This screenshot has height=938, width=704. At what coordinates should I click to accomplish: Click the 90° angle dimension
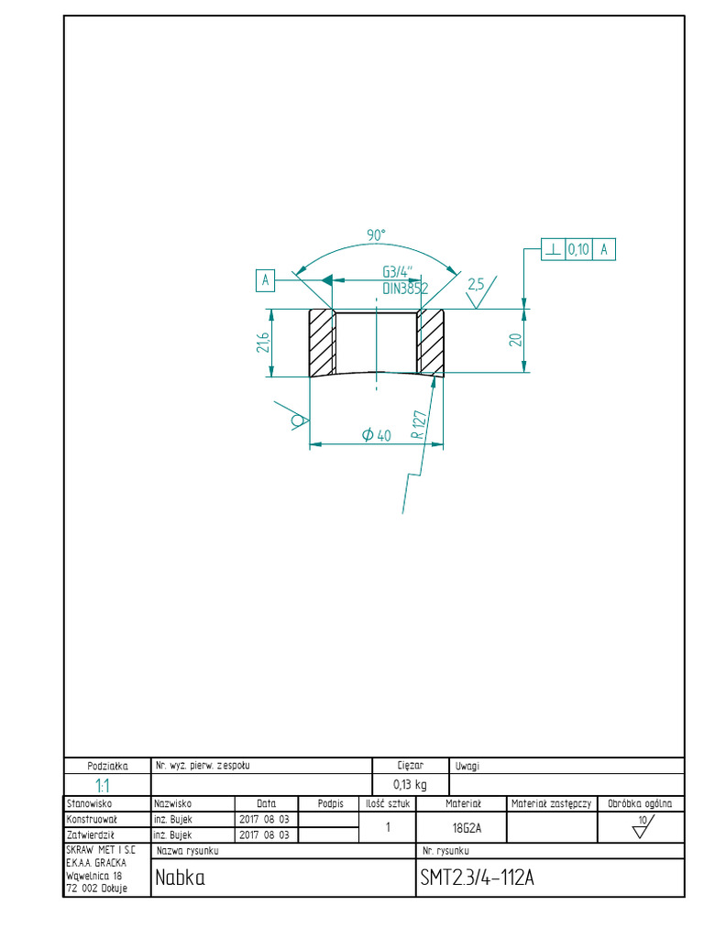tap(376, 236)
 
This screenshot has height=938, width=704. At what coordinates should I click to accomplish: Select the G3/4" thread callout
tap(398, 272)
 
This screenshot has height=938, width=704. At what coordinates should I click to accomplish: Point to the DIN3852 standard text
tap(405, 288)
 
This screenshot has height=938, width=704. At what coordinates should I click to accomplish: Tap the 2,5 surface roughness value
tap(476, 284)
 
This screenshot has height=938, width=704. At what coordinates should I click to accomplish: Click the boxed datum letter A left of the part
tap(265, 280)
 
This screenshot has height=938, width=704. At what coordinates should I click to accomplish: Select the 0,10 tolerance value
tap(578, 248)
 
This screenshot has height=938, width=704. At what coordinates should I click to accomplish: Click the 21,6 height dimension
tap(263, 343)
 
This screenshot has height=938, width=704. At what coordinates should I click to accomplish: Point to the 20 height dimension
tap(515, 340)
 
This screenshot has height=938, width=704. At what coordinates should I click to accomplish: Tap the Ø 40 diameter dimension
tap(377, 436)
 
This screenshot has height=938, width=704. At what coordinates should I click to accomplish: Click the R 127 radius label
tap(420, 426)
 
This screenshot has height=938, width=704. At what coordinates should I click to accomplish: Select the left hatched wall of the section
tap(321, 343)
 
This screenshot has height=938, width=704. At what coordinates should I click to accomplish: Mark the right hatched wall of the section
tap(430, 343)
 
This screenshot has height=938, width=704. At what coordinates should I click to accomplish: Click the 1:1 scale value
tap(106, 785)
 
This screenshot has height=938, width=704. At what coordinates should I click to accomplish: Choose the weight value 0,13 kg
tap(410, 784)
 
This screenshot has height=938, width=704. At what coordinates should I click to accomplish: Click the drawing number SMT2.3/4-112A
tap(476, 878)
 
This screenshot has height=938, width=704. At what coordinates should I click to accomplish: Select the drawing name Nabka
tap(180, 878)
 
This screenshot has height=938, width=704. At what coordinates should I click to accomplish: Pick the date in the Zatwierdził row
tap(263, 835)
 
